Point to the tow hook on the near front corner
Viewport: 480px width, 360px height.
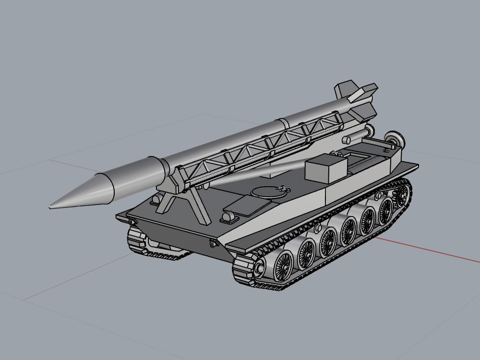click(x=213, y=244)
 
